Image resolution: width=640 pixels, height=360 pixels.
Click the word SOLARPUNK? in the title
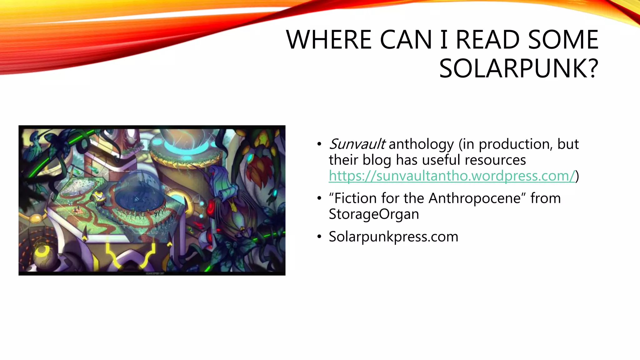click(x=518, y=68)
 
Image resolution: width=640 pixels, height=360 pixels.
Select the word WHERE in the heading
click(x=329, y=40)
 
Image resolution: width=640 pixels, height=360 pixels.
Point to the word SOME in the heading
click(x=563, y=40)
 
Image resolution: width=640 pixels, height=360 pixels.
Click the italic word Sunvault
click(x=357, y=144)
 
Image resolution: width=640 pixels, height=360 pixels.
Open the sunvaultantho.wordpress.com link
click(x=452, y=176)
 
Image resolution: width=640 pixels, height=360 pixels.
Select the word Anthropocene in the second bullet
click(x=475, y=198)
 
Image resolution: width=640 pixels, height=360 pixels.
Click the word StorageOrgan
click(x=374, y=214)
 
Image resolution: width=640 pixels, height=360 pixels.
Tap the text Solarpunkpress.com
click(x=393, y=237)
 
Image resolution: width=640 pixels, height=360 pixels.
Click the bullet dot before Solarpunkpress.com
click(x=319, y=237)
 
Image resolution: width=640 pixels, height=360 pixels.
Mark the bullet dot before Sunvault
click(x=319, y=144)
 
